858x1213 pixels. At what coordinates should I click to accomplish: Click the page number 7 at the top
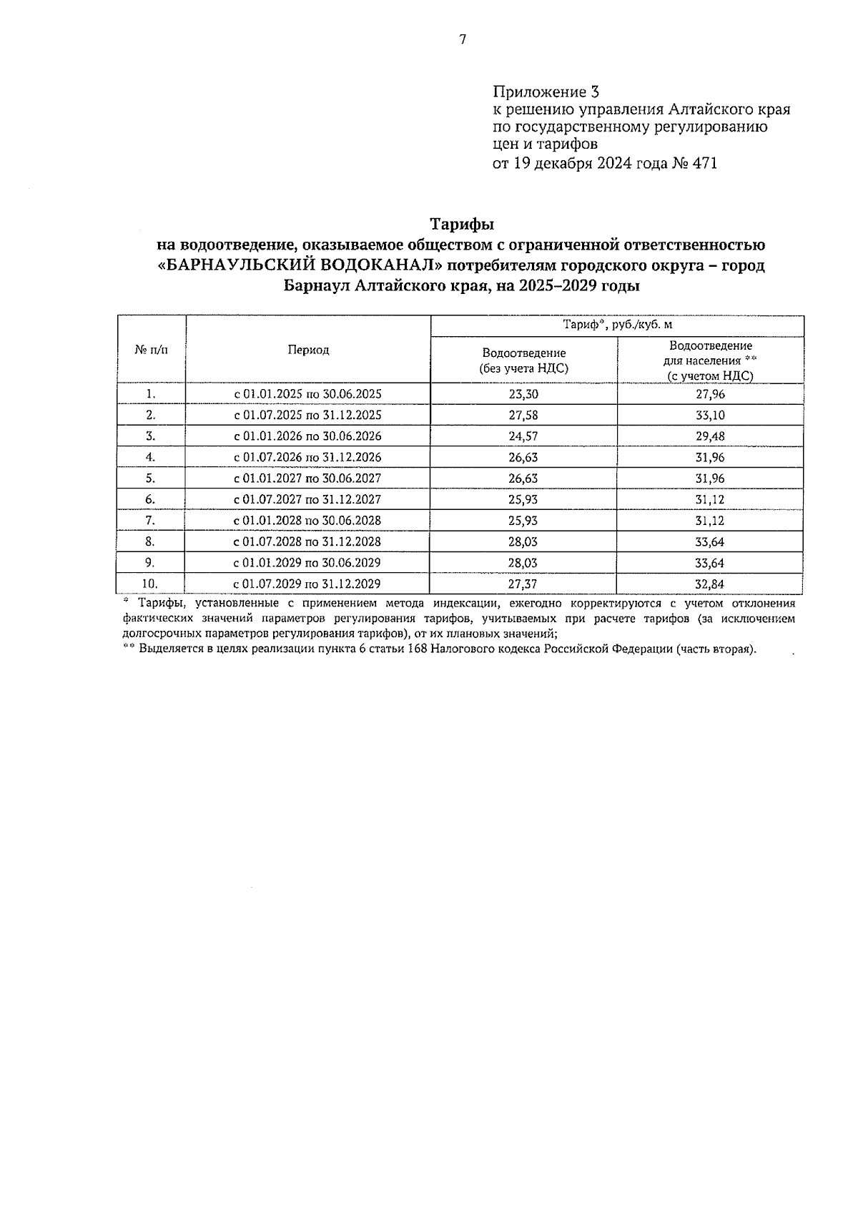click(x=463, y=39)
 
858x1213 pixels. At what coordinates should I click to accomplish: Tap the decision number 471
click(x=703, y=163)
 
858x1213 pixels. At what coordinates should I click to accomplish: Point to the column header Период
click(x=308, y=350)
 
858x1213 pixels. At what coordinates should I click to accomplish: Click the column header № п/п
click(x=151, y=350)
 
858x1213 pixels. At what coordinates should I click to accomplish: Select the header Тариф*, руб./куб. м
click(x=617, y=325)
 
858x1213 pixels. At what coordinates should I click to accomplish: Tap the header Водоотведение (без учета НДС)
click(x=523, y=360)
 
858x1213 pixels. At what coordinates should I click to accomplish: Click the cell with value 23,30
click(x=523, y=394)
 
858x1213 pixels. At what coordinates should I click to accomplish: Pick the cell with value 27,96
click(x=710, y=394)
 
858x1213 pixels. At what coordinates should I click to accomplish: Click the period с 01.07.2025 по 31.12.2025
click(x=308, y=416)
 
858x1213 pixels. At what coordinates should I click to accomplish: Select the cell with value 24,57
click(x=523, y=436)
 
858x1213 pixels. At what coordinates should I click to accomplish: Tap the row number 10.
click(x=150, y=584)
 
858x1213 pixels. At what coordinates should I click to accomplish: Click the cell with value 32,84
click(x=710, y=584)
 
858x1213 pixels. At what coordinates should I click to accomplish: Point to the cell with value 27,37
click(x=523, y=584)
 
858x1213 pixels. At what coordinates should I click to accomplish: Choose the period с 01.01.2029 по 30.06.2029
click(x=308, y=562)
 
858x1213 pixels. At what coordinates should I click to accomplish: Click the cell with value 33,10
click(x=710, y=416)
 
